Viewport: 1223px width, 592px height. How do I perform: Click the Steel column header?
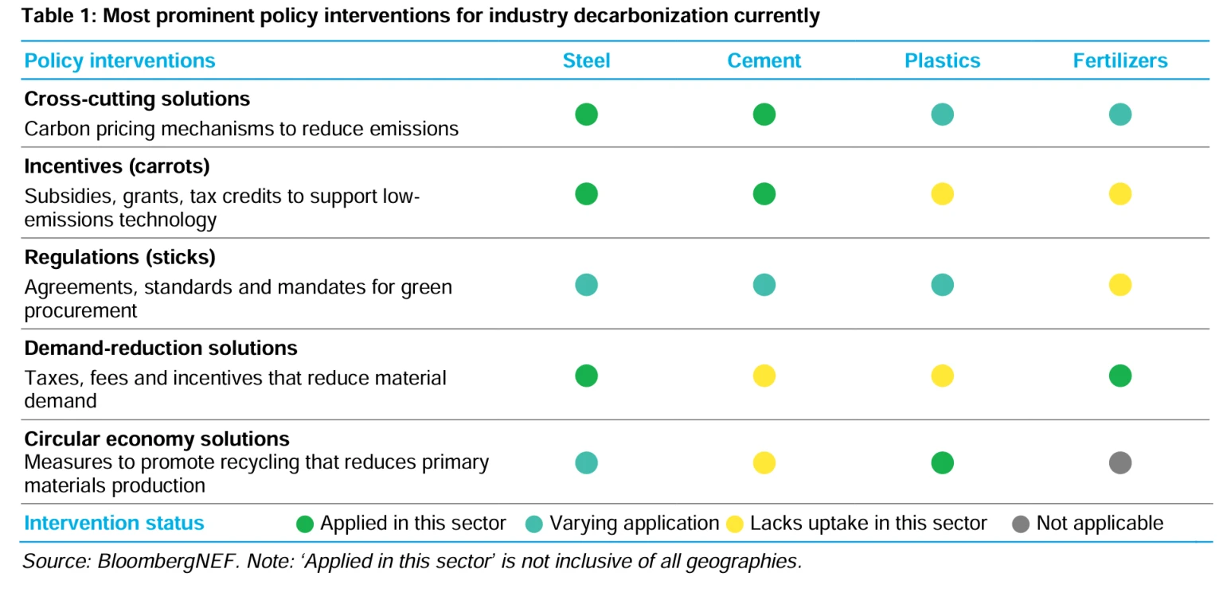586,60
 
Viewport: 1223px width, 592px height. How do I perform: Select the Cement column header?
764,60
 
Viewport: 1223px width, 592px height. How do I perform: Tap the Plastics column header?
942,60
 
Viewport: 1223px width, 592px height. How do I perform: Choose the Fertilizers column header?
1119,60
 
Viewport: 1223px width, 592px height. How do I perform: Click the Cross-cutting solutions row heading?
137,99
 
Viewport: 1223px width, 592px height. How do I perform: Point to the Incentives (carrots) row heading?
117,167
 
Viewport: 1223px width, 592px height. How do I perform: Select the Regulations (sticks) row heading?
120,258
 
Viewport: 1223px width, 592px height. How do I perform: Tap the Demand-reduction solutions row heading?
161,348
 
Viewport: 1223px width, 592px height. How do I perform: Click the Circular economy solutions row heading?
157,438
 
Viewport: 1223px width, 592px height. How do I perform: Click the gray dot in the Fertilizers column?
1119,462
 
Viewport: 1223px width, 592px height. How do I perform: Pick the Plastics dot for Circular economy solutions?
942,462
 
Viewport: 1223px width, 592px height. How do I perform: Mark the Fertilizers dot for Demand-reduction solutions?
1119,376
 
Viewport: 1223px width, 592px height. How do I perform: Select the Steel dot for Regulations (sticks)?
586,285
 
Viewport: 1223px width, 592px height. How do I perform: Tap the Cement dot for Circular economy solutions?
764,462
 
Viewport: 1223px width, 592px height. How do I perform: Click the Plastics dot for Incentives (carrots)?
942,194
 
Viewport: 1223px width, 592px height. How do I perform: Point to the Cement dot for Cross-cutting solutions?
764,115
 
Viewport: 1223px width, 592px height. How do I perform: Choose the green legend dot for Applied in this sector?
304,524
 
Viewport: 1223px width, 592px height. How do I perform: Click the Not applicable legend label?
1099,523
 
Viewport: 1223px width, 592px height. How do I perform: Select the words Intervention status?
114,523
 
